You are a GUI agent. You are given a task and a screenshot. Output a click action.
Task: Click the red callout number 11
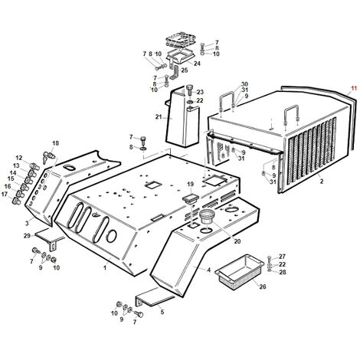(353, 88)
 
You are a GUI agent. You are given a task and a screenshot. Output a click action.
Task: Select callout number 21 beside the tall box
(159, 117)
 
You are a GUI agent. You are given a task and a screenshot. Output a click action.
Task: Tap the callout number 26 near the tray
(263, 286)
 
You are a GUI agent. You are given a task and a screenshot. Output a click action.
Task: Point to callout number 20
(237, 241)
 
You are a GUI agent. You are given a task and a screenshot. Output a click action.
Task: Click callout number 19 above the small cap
(191, 184)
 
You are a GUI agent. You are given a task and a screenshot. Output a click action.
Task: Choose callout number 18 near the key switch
(55, 143)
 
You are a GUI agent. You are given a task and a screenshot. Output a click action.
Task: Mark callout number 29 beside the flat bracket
(27, 236)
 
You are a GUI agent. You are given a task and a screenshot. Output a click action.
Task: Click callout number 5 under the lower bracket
(162, 312)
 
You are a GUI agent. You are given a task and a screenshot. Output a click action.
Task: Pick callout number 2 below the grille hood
(322, 182)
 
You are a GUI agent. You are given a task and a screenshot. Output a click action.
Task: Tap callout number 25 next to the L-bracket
(185, 70)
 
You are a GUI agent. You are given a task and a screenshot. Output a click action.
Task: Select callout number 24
(197, 64)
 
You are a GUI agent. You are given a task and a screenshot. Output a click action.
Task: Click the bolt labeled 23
(189, 90)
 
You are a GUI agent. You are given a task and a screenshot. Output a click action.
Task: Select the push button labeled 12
(34, 167)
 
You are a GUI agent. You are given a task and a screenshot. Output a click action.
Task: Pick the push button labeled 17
(16, 201)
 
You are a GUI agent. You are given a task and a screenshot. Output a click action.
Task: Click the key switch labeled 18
(48, 156)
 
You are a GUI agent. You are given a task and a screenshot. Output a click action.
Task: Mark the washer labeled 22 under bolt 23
(190, 103)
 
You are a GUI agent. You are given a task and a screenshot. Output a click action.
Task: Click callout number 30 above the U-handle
(244, 84)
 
